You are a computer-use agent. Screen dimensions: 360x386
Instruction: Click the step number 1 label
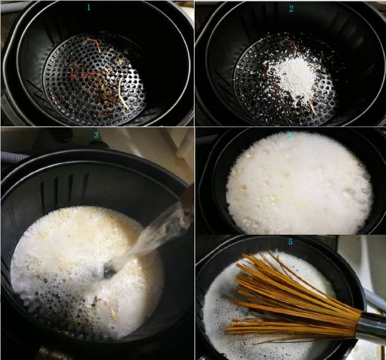pos(89,7)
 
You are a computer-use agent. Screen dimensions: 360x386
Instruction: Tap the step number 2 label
pos(291,9)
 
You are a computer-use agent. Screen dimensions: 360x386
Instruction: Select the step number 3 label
pos(96,135)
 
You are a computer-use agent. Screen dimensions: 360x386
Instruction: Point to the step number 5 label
pos(290,241)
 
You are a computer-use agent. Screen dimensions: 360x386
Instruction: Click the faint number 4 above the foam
pos(290,134)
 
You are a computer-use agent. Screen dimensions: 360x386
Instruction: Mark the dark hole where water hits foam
pos(110,270)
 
